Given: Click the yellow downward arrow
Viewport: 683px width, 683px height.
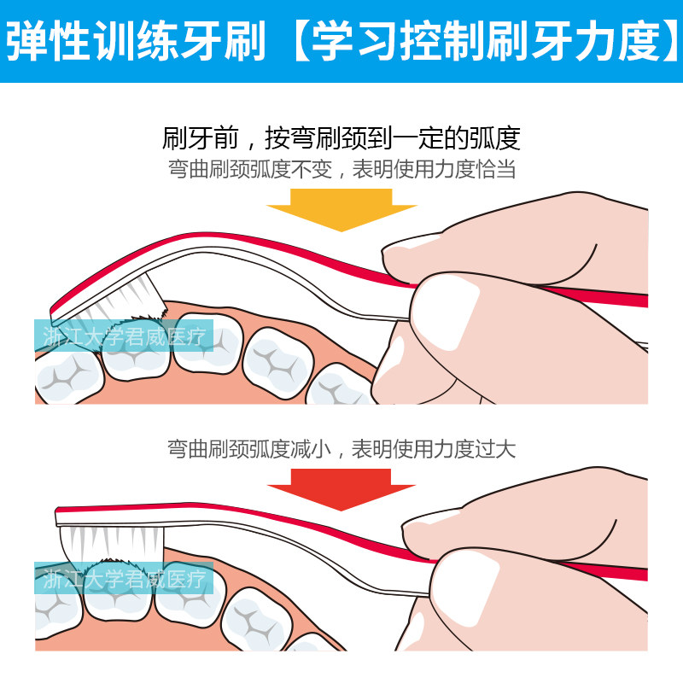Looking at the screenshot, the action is pos(341,208).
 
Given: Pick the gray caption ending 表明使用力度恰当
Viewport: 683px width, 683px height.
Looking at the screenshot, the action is pos(341,169).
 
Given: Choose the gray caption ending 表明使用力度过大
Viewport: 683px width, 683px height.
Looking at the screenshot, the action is pos(341,448).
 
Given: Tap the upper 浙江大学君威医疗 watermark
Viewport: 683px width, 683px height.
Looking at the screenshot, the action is pos(125,336).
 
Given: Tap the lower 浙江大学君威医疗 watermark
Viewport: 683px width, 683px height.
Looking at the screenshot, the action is pos(125,580).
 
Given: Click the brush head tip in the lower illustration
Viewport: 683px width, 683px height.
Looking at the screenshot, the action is pos(58,516).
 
